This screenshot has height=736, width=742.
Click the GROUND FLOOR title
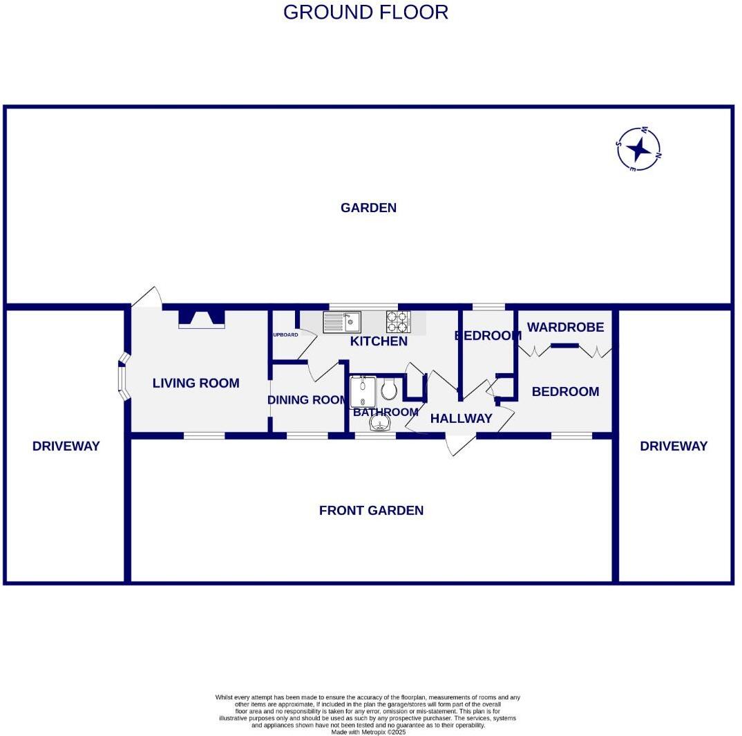365,12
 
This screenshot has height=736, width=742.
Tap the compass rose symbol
638,149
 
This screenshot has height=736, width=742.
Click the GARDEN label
368,208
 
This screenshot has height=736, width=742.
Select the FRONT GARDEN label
371,511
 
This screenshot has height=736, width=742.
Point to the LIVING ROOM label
196,383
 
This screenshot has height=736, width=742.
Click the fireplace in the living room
202,318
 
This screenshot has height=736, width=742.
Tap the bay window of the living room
124,377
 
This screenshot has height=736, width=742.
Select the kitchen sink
342,322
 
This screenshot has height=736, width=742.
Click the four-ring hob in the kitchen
398,322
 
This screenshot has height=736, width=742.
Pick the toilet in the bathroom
389,389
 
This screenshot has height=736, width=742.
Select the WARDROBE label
565,328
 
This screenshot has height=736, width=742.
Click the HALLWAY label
461,418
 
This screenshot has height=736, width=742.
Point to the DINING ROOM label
307,400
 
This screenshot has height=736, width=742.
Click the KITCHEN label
379,341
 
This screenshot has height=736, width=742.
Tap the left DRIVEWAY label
66,446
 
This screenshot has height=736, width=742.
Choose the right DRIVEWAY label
674,446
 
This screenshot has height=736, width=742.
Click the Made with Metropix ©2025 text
368,732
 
